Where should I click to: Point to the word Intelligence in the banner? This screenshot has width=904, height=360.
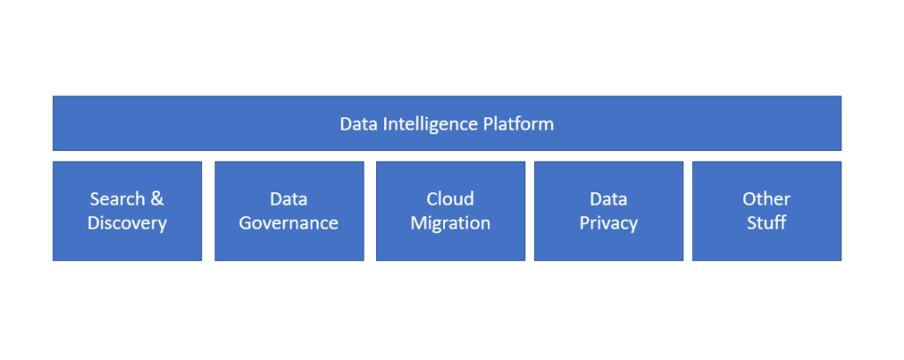point(430,124)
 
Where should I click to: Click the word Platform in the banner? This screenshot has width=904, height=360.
point(518,124)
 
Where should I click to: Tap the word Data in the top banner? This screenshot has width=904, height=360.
point(358,124)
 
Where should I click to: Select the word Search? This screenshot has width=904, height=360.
point(117,199)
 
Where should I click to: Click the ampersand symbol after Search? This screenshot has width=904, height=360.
point(157,199)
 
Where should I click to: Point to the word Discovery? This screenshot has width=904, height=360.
point(127,223)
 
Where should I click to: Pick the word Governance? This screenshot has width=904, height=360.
point(289,223)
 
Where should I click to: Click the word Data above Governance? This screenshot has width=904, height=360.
point(289,199)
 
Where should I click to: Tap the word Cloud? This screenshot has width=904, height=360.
point(450,199)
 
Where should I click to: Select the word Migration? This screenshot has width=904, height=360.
point(450,223)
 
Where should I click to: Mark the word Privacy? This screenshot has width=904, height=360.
point(608,223)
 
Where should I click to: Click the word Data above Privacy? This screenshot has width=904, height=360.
point(608,199)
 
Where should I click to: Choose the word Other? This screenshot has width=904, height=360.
point(766,199)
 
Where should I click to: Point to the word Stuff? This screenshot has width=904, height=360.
point(766,223)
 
